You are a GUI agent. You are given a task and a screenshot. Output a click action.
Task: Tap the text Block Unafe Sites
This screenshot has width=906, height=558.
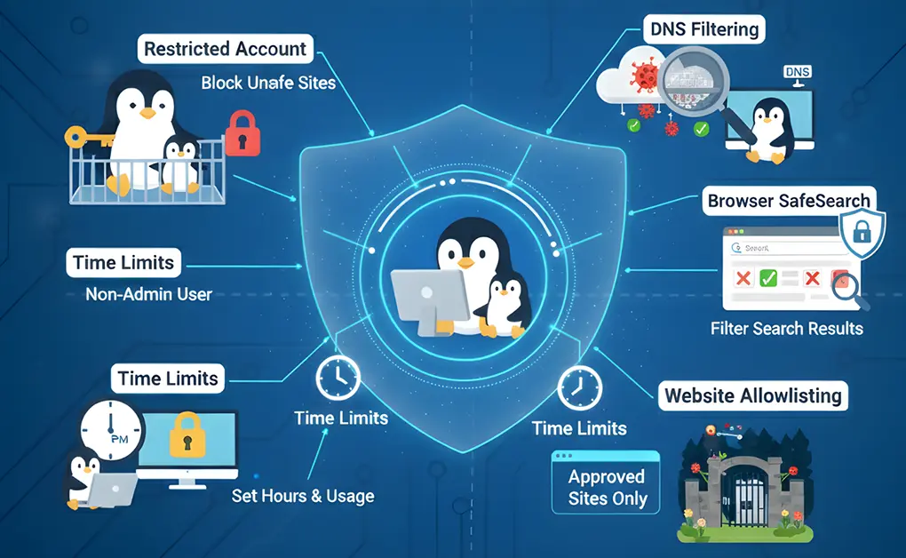[268, 83]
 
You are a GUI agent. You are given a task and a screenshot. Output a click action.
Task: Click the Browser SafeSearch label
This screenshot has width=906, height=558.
[789, 201]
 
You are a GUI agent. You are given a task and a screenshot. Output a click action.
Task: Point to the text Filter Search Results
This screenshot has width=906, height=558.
[786, 329]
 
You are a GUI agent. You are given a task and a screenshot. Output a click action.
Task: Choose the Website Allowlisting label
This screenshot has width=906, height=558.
[753, 395]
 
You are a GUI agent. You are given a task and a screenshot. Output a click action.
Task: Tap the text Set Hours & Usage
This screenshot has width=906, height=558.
[303, 496]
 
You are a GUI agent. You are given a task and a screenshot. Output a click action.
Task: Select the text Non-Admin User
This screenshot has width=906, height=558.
[148, 293]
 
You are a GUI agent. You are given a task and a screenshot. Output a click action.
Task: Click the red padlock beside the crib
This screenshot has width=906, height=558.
[236, 135]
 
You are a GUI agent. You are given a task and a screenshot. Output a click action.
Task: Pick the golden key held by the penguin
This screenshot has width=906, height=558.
[85, 137]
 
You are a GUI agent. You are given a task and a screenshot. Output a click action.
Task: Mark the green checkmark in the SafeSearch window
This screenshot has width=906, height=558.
[768, 279]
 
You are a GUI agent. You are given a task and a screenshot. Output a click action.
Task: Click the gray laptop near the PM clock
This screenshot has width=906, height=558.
[112, 490]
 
